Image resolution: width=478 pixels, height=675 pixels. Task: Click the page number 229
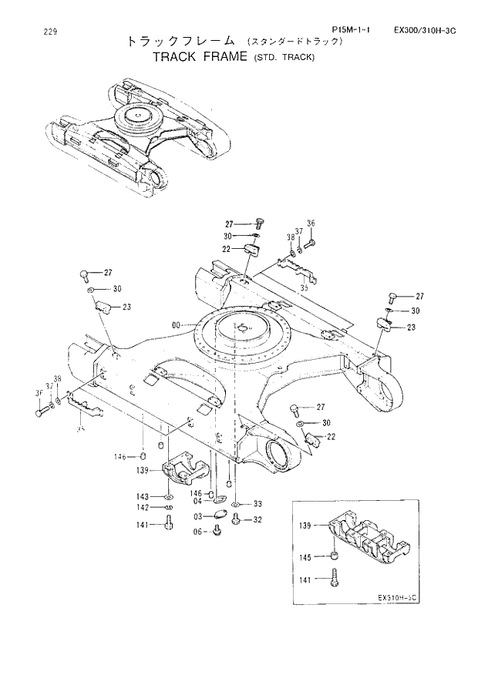[x=29, y=32]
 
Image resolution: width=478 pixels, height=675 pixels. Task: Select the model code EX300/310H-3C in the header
[x=426, y=30]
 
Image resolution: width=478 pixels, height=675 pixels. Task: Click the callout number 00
[x=177, y=326]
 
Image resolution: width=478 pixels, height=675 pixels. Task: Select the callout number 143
[x=143, y=496]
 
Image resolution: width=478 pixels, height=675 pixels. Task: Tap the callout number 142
[x=143, y=507]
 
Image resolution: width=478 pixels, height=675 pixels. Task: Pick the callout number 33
[x=258, y=504]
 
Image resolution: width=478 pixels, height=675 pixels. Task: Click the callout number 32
[x=258, y=519]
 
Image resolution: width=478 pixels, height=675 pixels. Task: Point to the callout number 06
[x=198, y=532]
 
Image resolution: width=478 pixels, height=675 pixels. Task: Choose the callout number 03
[x=198, y=516]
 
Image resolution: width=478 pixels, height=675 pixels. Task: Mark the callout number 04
[x=198, y=501]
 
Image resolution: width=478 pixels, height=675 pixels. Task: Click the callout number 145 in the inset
[x=307, y=557]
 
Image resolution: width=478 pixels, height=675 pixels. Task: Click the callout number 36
[x=311, y=223]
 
